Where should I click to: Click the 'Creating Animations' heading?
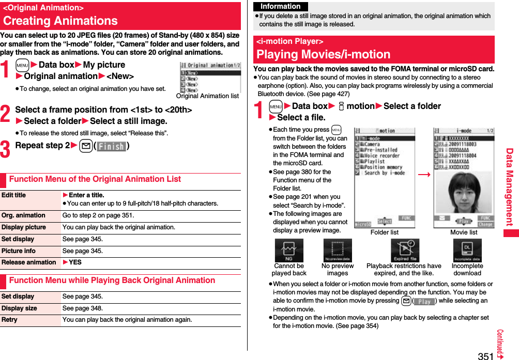[x=60, y=21]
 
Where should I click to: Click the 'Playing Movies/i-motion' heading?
[x=323, y=54]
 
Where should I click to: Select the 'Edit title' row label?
[x=14, y=195]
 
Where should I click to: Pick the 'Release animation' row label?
[x=28, y=262]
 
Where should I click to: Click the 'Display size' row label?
[x=19, y=308]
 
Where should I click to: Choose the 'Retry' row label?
[x=9, y=320]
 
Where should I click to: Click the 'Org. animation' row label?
[x=23, y=215]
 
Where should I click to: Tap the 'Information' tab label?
[x=281, y=7]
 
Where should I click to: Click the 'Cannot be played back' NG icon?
[x=288, y=251]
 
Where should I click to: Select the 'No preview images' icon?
[x=337, y=251]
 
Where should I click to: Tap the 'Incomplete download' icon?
[x=467, y=251]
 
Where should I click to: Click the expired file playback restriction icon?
[x=404, y=251]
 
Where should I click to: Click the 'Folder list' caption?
[x=385, y=232]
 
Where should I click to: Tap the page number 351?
[x=485, y=355]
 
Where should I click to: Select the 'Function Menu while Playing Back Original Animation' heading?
[x=112, y=280]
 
